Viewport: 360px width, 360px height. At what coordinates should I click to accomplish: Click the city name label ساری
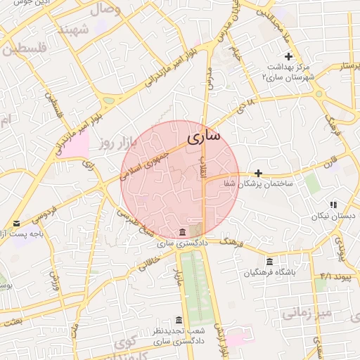[204, 133]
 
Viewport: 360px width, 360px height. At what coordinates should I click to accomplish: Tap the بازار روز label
[116, 143]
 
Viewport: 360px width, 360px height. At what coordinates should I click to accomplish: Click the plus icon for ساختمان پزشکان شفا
[259, 173]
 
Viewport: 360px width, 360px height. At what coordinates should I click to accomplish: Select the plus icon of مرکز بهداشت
[288, 56]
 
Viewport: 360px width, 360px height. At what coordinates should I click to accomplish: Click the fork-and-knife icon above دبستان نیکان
[333, 205]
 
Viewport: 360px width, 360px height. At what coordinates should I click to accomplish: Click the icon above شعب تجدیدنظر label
[179, 320]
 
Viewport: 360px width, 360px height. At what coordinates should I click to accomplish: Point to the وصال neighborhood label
[106, 10]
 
